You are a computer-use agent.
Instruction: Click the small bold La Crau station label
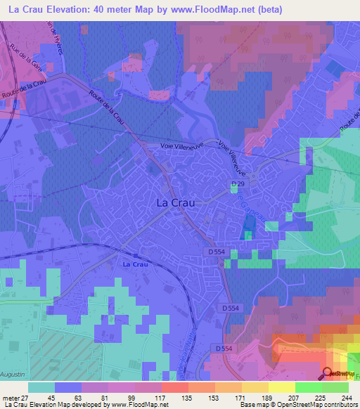point(134,264)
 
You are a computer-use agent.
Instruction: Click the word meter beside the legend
point(9,397)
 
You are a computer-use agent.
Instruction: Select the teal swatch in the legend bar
point(41,387)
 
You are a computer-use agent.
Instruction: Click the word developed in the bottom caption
point(96,405)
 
